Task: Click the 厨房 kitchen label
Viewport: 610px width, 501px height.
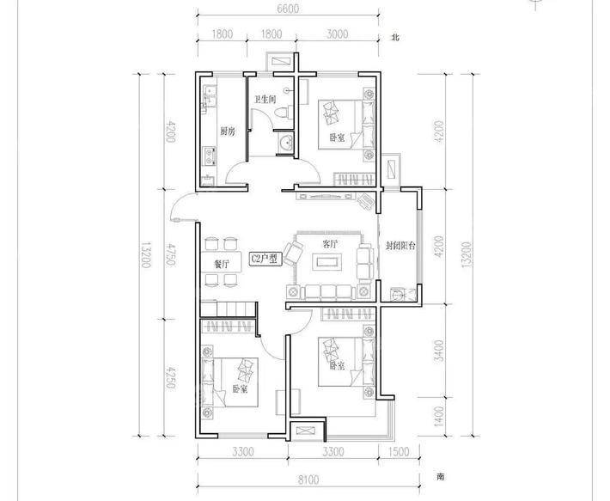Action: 228,131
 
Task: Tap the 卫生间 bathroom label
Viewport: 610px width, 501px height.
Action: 265,99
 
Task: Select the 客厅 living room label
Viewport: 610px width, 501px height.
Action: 330,244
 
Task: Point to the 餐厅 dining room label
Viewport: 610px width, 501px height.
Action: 222,265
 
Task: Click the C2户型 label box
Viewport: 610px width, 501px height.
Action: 265,259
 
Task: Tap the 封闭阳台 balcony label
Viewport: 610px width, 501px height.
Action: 400,246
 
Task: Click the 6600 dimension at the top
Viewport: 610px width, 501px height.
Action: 288,9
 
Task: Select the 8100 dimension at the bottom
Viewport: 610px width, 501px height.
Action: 308,480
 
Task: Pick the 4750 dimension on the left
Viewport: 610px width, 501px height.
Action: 170,254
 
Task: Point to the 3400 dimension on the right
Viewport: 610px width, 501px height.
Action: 439,351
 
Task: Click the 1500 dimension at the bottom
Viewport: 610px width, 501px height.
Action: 399,452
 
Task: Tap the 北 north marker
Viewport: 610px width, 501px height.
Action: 395,38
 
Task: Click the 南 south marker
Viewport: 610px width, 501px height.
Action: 440,476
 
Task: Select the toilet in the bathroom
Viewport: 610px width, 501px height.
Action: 283,113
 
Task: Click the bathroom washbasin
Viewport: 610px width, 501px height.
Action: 287,143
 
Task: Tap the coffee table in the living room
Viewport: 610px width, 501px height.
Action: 329,261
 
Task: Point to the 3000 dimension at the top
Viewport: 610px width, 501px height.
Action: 337,34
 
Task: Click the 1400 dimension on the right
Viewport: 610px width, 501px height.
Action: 439,416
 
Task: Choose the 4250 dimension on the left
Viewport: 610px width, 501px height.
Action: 170,377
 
